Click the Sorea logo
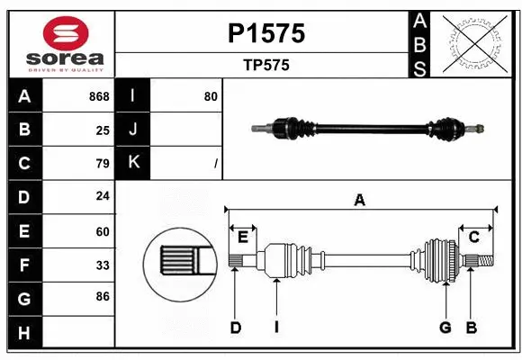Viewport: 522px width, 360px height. pos(58,44)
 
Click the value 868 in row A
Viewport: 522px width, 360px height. pos(98,96)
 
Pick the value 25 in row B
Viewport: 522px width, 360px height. pos(102,130)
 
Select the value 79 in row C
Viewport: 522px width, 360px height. pos(102,164)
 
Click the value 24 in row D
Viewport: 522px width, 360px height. pos(102,197)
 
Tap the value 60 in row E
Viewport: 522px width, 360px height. pos(102,231)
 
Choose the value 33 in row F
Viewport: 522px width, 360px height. pos(102,265)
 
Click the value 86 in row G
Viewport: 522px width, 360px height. pos(102,296)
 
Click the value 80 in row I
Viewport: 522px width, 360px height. pos(211,96)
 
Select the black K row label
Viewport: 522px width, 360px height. pos(133,163)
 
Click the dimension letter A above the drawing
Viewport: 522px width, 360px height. pos(359,200)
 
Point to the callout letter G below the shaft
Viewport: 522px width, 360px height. pos(445,328)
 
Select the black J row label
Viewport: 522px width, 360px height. pos(133,130)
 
